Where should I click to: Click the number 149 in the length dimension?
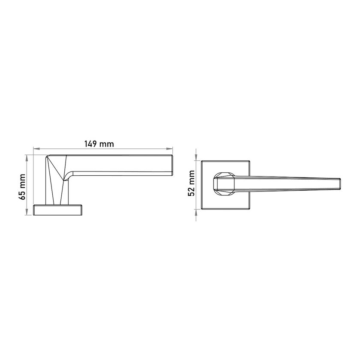coord(91,144)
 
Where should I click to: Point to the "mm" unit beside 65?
coord(22,181)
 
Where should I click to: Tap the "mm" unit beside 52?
coord(192,177)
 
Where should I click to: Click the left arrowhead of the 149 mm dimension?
coord(36,149)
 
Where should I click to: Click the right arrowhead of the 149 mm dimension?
coord(170,149)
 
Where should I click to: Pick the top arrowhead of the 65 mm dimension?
coord(27,157)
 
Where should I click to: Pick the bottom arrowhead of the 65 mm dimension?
coord(27,213)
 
